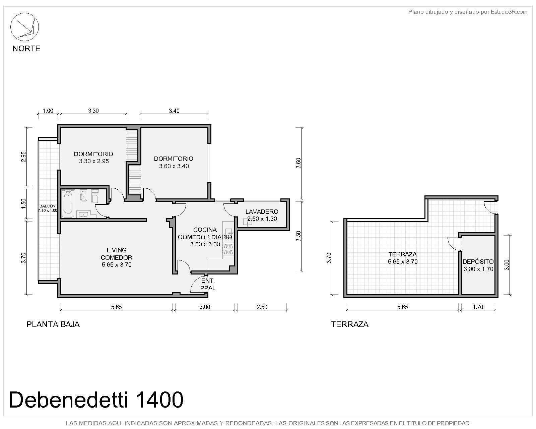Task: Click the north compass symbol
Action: pos(24,27)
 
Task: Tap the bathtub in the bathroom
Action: pos(68,204)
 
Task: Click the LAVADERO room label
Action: pos(262,211)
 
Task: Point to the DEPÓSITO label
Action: pos(478,261)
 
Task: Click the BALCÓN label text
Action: pos(47,206)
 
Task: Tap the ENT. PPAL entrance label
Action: pos(208,285)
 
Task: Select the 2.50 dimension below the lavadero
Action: pos(262,307)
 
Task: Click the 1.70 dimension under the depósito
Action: pos(478,307)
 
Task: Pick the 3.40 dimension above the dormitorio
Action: pos(174,111)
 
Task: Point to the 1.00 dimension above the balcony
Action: pos(48,111)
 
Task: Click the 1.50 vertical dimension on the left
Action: pos(23,203)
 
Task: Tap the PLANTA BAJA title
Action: pos(53,324)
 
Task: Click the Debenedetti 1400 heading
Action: pos(96,400)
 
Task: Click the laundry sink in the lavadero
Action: pos(247,222)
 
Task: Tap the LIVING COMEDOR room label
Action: pos(117,254)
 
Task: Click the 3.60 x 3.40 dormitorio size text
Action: pos(174,166)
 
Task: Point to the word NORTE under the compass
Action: pos(26,48)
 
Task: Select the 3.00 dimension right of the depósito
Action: pos(507,265)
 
